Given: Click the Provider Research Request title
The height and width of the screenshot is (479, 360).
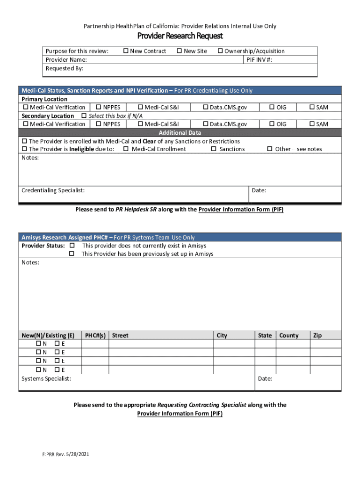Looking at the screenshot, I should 180,36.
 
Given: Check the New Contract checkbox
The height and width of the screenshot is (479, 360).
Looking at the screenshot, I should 126,51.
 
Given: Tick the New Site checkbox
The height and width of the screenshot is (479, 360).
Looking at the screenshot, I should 180,51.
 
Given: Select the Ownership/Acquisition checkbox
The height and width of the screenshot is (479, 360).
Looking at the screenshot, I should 220,51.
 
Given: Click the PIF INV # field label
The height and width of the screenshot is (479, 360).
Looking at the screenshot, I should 259,59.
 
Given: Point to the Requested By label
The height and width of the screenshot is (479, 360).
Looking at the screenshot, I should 64,68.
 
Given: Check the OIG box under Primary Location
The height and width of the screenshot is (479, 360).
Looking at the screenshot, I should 272,108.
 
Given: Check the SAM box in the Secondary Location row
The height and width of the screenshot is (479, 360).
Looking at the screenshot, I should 312,124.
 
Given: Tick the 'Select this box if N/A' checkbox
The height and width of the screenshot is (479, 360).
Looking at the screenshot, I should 84,116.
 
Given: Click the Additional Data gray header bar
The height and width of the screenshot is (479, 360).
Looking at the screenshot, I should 180,132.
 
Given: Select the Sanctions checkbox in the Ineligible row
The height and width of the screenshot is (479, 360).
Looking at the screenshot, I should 214,149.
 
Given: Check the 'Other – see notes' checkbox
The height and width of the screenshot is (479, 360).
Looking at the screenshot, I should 270,149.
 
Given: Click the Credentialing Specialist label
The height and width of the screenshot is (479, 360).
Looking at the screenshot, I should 53,190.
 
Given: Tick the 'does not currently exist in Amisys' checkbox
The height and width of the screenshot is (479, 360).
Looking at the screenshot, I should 72,246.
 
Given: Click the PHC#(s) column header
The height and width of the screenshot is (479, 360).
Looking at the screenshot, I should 95,335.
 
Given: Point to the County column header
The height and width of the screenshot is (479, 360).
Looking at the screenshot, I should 289,335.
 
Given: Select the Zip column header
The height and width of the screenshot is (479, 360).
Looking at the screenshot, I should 317,335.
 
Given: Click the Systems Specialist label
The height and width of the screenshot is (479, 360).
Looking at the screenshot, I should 46,378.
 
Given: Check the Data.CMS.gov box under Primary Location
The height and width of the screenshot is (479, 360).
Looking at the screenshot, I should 205,108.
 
